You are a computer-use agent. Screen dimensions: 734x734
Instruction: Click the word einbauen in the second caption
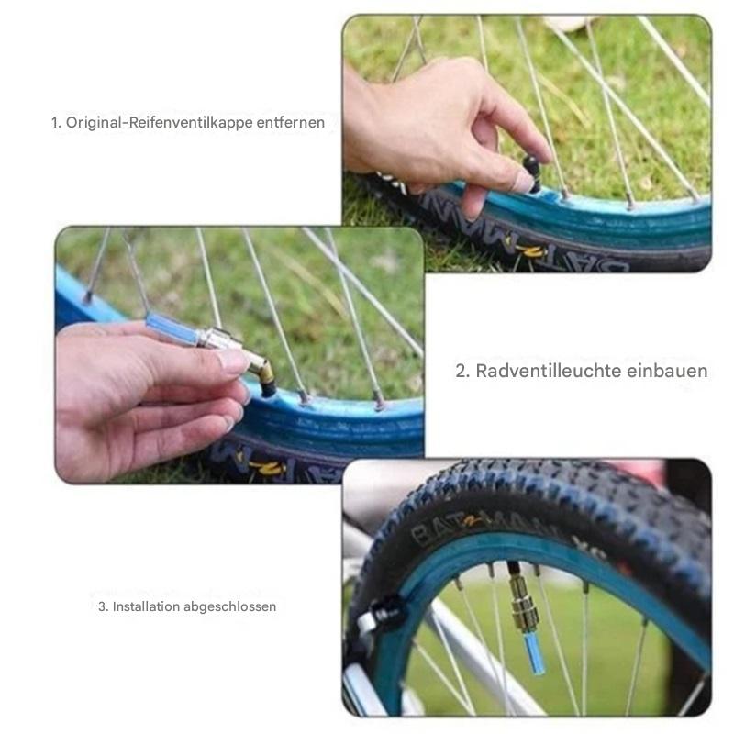(x=668, y=371)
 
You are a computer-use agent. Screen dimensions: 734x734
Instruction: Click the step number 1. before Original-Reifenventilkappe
(x=56, y=122)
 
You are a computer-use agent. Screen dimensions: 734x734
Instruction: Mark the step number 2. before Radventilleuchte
(x=463, y=371)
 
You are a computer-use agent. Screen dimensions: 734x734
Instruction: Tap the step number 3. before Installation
(x=104, y=606)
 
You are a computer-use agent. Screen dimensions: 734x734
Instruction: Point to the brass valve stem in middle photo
(x=264, y=377)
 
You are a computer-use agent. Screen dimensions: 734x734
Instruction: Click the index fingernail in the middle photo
(x=232, y=361)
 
